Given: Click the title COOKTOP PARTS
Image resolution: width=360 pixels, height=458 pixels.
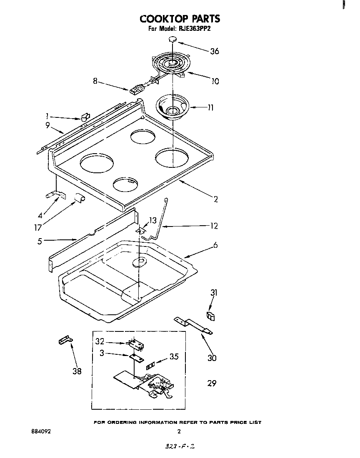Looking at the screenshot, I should (x=180, y=19).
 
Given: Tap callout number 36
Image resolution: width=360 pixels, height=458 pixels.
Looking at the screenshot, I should (x=214, y=51).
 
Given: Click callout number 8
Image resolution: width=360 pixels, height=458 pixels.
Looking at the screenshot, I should (x=95, y=82).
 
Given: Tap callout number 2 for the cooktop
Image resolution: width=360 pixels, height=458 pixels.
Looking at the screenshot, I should (x=215, y=199).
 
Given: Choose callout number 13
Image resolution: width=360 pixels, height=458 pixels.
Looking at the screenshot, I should (x=152, y=220).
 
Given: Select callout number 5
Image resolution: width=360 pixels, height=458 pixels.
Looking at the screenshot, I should (x=40, y=241).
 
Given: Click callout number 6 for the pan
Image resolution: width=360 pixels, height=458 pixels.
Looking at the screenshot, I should (x=215, y=245).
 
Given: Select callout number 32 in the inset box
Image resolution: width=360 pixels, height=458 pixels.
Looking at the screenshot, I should (x=99, y=342).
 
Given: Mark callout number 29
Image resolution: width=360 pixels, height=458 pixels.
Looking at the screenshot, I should (x=212, y=383).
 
